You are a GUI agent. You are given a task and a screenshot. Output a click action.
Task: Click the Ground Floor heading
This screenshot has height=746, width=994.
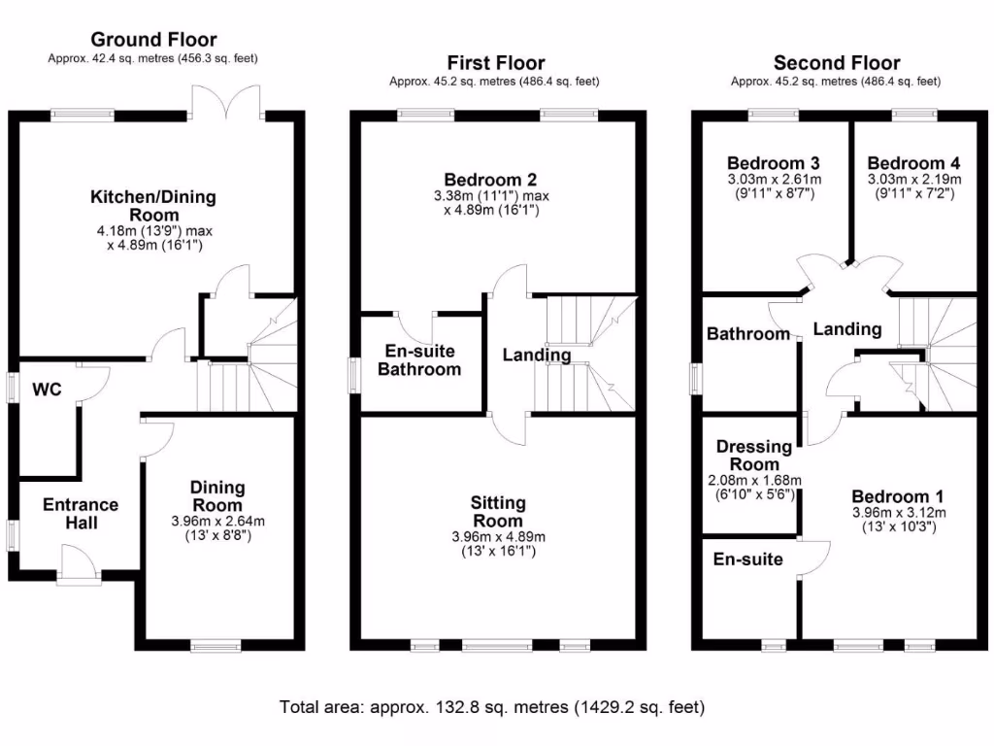tap(153, 40)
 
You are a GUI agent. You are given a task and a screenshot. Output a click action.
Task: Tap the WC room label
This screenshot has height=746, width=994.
tap(47, 390)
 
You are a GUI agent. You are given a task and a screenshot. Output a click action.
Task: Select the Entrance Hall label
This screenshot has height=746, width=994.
tap(81, 514)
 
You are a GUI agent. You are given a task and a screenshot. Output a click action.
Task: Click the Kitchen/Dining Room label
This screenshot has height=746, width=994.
tap(153, 206)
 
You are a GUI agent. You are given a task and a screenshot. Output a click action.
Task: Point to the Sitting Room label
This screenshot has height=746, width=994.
tap(498, 511)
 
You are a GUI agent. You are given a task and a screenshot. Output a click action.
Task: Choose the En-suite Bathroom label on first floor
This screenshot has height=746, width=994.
tap(418, 359)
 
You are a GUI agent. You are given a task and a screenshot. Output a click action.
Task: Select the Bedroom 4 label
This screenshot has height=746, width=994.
tap(907, 162)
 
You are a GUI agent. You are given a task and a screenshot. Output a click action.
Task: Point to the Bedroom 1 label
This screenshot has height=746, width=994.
tap(891, 494)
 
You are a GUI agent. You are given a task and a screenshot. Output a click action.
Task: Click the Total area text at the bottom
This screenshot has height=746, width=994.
tap(492, 706)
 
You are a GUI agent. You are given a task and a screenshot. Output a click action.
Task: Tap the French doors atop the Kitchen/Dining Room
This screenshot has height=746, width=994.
tap(227, 103)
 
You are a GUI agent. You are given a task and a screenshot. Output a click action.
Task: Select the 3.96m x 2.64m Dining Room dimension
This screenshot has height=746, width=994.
tap(217, 521)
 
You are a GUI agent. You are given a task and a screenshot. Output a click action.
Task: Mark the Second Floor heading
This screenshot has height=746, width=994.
tap(836, 63)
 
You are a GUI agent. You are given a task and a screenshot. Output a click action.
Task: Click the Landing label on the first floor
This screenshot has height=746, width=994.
tap(536, 355)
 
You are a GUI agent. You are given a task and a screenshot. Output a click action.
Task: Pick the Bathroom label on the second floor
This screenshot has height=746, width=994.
tap(747, 333)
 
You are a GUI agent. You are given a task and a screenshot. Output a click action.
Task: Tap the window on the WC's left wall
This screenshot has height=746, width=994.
tap(11, 388)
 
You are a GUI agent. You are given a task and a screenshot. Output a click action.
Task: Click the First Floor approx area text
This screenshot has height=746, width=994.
tap(494, 82)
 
